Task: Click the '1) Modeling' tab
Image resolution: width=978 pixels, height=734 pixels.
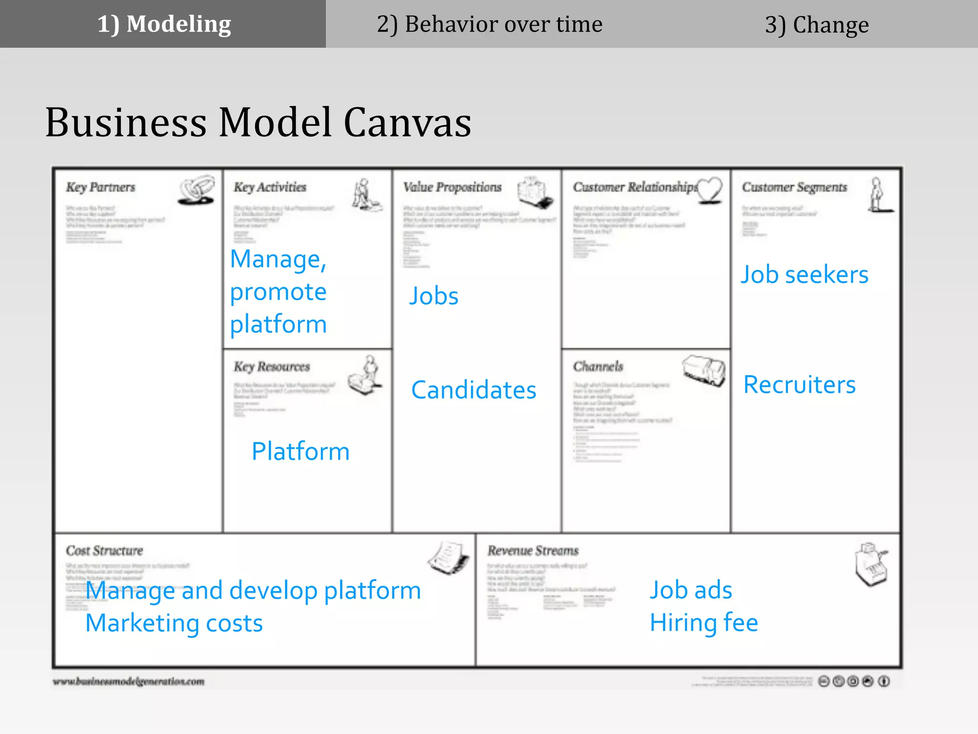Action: (x=164, y=24)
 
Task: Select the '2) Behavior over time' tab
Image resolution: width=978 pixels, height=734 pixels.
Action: (x=489, y=24)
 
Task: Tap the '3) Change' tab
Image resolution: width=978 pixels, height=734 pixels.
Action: (x=817, y=25)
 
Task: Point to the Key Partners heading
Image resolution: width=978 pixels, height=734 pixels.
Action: (x=100, y=187)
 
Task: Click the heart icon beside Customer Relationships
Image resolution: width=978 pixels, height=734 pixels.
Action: (x=710, y=190)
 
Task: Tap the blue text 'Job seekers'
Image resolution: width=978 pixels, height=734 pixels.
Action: (x=804, y=275)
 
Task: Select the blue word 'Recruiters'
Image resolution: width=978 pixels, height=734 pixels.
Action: (x=799, y=385)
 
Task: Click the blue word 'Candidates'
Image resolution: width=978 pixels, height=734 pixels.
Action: (x=474, y=390)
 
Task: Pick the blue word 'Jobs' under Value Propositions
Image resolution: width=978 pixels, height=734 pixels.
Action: (x=434, y=296)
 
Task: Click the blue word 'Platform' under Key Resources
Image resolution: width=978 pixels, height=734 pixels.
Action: (x=300, y=452)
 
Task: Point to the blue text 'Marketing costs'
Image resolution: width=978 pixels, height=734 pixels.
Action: (x=174, y=623)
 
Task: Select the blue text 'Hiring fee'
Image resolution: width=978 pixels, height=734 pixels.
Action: (x=703, y=623)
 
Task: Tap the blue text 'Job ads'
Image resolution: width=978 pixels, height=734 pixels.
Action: (x=691, y=590)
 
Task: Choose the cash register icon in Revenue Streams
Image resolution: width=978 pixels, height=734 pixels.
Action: (x=871, y=564)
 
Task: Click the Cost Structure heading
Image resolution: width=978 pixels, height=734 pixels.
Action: (x=104, y=550)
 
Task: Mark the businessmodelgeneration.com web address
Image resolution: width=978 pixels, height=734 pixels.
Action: (x=128, y=681)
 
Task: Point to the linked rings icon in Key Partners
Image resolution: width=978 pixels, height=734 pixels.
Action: (x=196, y=190)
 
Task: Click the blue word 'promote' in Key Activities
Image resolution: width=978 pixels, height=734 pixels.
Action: (x=278, y=292)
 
